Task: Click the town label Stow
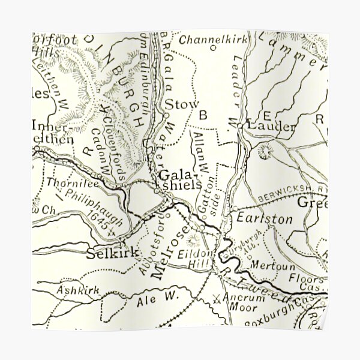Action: (181, 104)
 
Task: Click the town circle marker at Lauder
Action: (239, 126)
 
